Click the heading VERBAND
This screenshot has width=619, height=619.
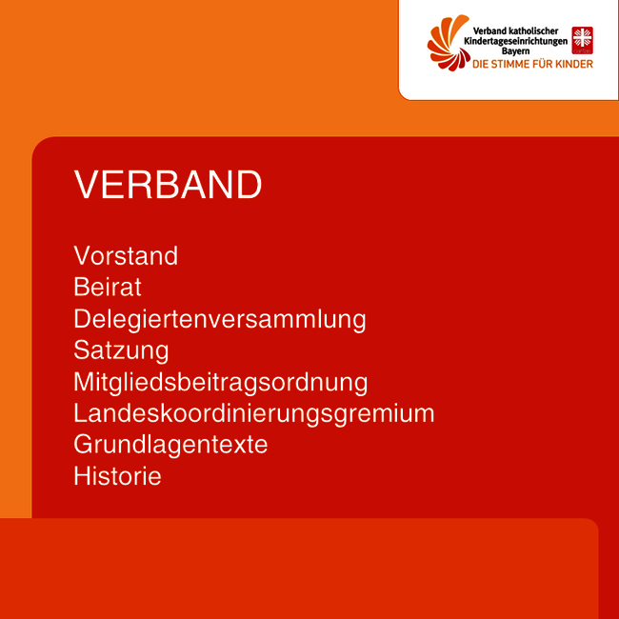click(168, 185)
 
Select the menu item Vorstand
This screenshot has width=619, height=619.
click(126, 256)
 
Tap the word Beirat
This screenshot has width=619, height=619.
click(108, 287)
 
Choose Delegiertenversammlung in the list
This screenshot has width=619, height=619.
click(220, 319)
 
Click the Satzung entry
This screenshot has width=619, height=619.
click(121, 350)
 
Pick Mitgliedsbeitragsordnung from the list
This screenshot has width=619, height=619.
click(221, 382)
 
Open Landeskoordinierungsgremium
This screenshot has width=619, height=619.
click(254, 413)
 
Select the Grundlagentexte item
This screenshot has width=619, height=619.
click(170, 445)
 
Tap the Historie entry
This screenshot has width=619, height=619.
click(118, 476)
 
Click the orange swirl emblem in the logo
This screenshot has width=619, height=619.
click(449, 43)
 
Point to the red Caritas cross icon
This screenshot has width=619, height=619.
click(582, 40)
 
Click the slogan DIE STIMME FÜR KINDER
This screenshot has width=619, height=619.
click(532, 64)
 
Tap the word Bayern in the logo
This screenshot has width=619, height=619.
click(515, 51)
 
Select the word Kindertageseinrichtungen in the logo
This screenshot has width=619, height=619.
click(516, 41)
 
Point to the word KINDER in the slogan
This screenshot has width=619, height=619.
click(574, 64)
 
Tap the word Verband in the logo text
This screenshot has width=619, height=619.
click(487, 30)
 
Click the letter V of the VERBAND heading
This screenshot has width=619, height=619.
click(87, 185)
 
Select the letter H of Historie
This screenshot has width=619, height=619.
click(81, 476)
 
